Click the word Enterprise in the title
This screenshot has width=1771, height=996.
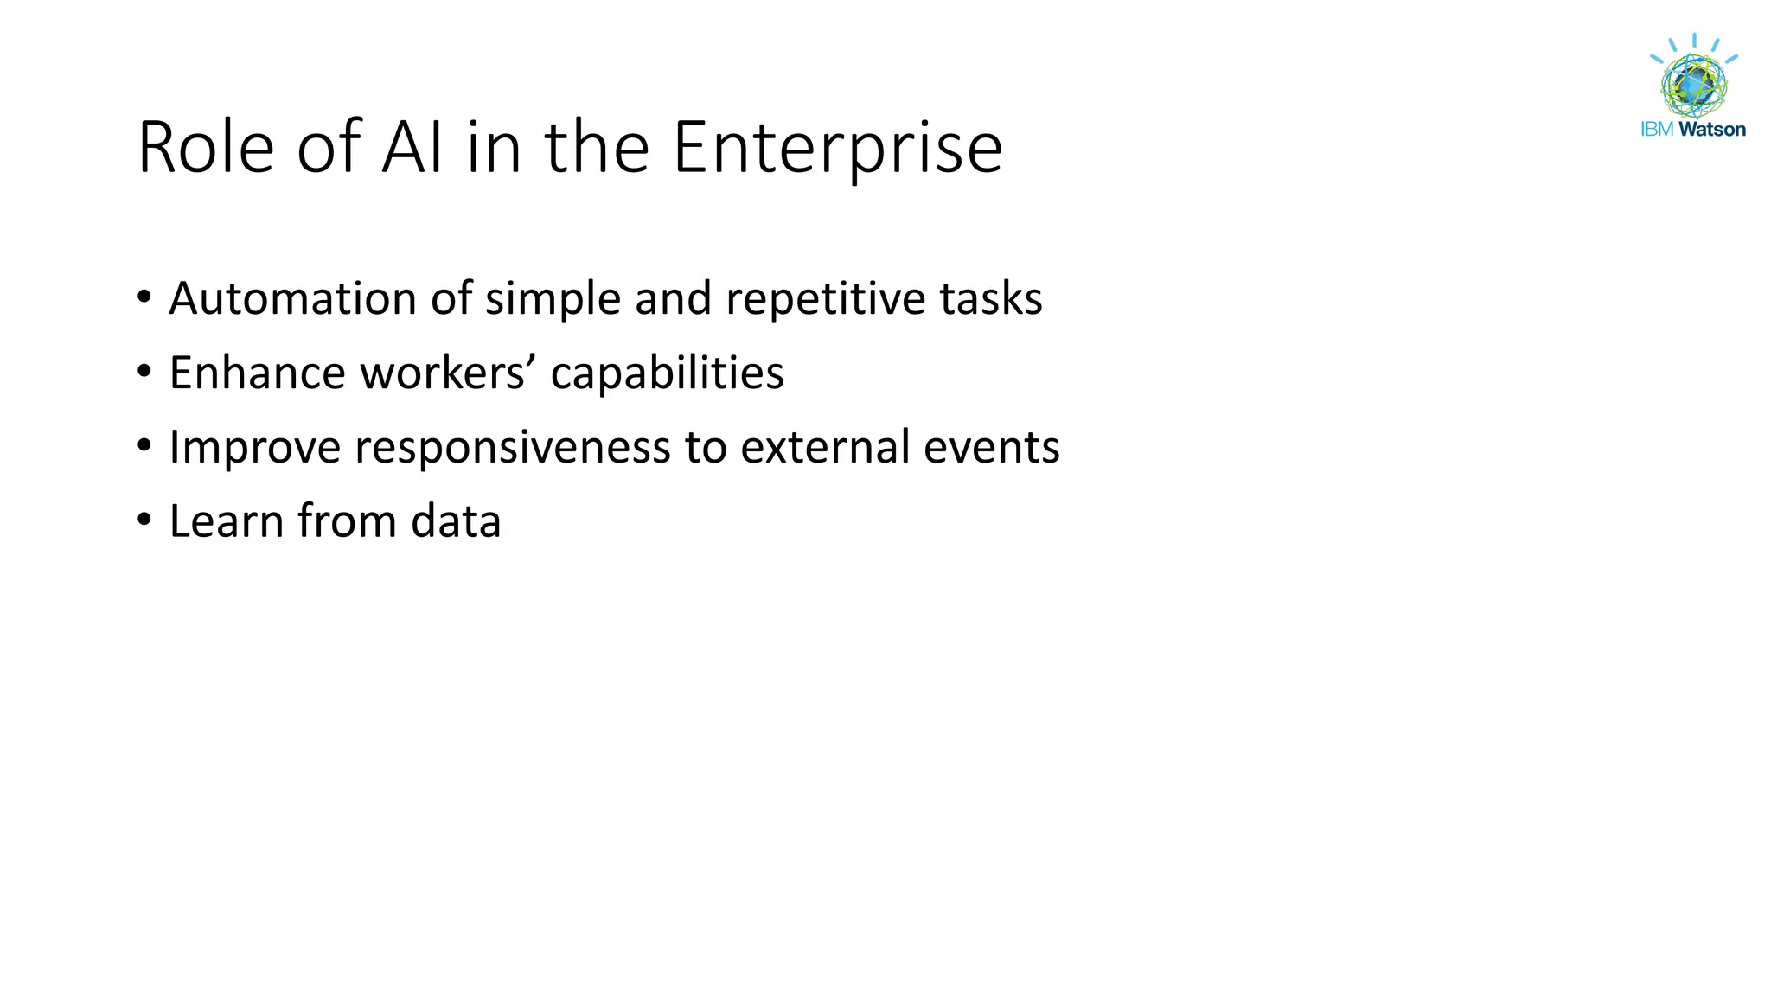coord(837,149)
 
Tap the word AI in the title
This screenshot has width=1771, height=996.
coord(412,149)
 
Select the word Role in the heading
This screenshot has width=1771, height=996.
coord(206,149)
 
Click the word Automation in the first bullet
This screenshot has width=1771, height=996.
coord(293,299)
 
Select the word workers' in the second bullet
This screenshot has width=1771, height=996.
coord(448,373)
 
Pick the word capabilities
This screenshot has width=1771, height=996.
coord(668,373)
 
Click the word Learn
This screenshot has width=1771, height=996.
coord(227,522)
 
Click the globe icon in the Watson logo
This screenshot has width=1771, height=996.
coord(1694,85)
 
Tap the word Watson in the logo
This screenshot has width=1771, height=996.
coord(1712,130)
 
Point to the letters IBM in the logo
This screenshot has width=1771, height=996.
coord(1658,130)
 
